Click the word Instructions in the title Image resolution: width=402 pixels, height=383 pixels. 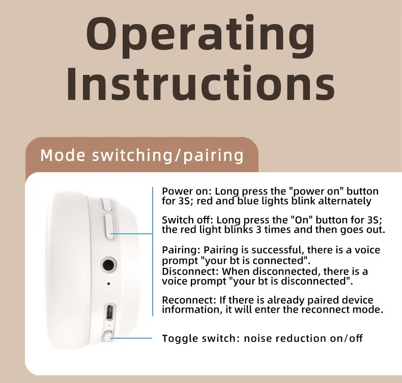[x=200, y=84]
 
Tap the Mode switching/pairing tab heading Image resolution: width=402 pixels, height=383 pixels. [x=142, y=155]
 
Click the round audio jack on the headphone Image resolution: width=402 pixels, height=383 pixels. [x=108, y=265]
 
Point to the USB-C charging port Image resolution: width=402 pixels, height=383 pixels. [x=109, y=311]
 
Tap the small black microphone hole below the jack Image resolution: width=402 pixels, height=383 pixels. [x=109, y=284]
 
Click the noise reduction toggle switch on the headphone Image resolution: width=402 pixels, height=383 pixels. [x=107, y=336]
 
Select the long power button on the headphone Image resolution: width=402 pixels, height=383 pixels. [x=109, y=227]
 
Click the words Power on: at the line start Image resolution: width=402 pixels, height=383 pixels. [x=187, y=191]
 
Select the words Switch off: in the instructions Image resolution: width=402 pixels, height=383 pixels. [x=188, y=220]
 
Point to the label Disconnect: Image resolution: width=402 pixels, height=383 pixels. [x=190, y=271]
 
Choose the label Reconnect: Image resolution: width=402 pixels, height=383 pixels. [x=189, y=300]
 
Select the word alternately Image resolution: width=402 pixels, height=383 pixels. [x=344, y=201]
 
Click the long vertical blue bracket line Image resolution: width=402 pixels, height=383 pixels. [x=153, y=252]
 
